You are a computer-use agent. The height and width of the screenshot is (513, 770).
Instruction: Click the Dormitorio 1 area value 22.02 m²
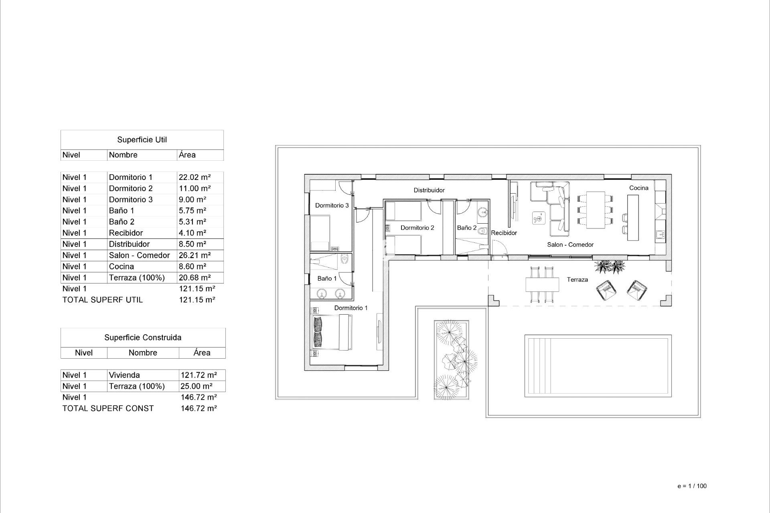pos(195,177)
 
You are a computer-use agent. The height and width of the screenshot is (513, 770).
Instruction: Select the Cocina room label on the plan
pos(638,188)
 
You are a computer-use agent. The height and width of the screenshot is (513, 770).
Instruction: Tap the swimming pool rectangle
pos(598,366)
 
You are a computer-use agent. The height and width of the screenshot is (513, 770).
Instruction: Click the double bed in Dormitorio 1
pos(332,333)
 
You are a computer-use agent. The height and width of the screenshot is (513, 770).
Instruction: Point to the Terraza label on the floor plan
pos(577,280)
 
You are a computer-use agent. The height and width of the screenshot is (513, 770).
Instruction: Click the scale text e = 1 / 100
pos(692,486)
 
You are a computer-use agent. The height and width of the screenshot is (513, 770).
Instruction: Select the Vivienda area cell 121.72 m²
pos(199,375)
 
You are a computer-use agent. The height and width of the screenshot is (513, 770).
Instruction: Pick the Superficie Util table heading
pos(142,140)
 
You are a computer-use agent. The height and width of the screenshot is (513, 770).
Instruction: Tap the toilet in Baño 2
pos(482,231)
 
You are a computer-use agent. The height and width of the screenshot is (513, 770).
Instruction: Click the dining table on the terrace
pos(542,285)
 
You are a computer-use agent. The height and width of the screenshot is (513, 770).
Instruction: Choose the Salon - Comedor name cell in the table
pos(139,255)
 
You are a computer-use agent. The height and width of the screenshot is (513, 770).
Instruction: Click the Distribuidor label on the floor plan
pos(429,190)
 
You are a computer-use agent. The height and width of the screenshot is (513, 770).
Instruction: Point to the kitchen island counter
pos(633,218)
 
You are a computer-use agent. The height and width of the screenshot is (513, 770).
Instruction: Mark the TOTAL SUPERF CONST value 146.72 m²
pos(199,408)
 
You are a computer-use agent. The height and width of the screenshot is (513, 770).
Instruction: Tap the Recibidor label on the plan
pos(504,233)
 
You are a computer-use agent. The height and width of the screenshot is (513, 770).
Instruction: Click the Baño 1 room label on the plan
pos(327,279)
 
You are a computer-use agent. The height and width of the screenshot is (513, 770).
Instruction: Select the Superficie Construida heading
pos(143,338)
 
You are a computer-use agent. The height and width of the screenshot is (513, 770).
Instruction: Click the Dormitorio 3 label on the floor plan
pos(332,206)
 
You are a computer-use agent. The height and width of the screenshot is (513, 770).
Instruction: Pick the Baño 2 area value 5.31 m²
pos(192,222)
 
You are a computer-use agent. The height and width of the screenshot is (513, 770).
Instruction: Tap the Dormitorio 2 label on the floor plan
pos(417,228)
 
